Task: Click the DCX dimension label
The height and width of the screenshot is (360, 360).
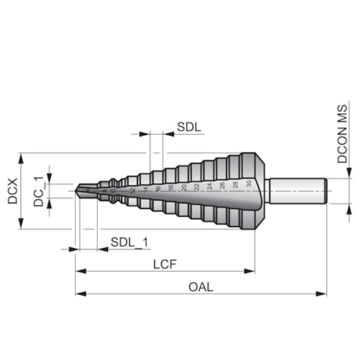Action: [x=13, y=191]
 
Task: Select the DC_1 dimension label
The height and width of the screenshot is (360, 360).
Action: [x=38, y=190]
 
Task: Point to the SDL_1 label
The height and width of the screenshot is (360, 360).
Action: [x=128, y=242]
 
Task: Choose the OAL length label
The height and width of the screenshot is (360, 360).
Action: [x=200, y=286]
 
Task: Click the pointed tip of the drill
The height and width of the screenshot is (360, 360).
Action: [x=77, y=190]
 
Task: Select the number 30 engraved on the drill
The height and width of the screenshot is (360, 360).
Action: [x=248, y=185]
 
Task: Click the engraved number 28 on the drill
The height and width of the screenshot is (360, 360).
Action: [x=235, y=185]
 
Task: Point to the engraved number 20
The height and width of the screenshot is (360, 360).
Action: [x=183, y=188]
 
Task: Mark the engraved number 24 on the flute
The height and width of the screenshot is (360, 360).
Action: [x=209, y=186]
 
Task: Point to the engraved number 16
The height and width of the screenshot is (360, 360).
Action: [x=157, y=189]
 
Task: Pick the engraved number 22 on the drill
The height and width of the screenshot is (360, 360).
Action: [x=196, y=187]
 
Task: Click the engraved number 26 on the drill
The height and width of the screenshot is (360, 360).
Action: [x=222, y=185]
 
